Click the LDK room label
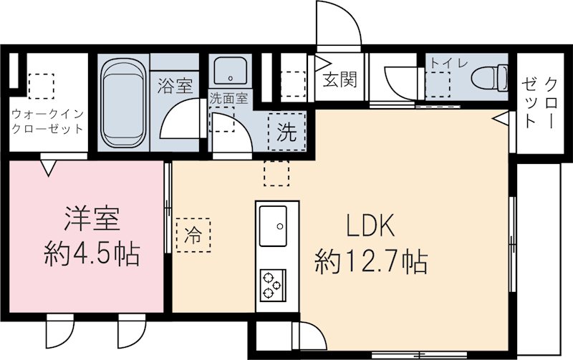click(370, 227)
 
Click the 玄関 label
click(339, 79)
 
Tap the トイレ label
click(448, 62)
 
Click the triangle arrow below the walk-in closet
click(48, 167)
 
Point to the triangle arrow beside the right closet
click(502, 117)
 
